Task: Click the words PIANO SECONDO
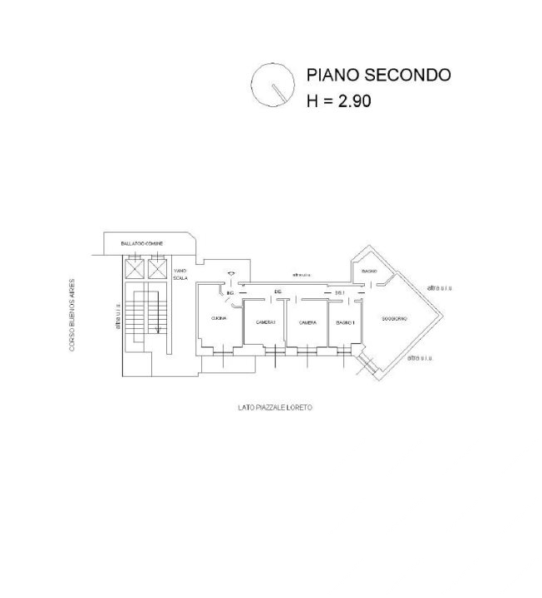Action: pyautogui.click(x=378, y=75)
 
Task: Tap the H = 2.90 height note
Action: pyautogui.click(x=338, y=102)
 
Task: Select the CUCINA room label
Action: pyautogui.click(x=219, y=320)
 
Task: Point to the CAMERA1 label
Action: pyautogui.click(x=265, y=322)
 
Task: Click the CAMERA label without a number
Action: pyautogui.click(x=307, y=322)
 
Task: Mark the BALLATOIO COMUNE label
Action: pyautogui.click(x=141, y=243)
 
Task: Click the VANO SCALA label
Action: pyautogui.click(x=180, y=273)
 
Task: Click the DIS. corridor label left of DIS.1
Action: pyautogui.click(x=278, y=292)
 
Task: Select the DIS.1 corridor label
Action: pyautogui.click(x=339, y=292)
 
